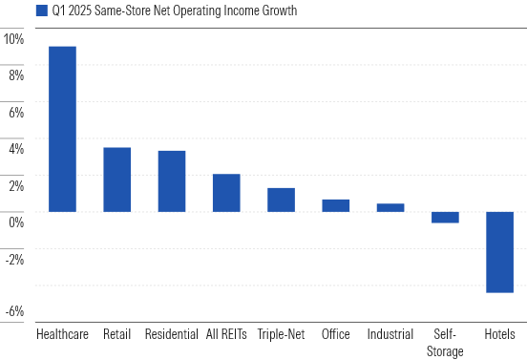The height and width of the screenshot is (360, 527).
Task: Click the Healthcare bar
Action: [x=62, y=129]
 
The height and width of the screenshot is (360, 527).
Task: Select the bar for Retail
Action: [x=116, y=180]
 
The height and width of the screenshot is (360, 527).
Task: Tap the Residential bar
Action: [x=172, y=181]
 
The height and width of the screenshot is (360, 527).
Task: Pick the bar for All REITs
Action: [x=226, y=193]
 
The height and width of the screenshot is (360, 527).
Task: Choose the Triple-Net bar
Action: [x=281, y=200]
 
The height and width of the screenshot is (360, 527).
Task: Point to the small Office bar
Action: [x=335, y=205]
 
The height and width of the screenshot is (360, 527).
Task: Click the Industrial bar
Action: [x=390, y=207]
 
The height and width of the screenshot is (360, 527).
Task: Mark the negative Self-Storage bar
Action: [x=445, y=217]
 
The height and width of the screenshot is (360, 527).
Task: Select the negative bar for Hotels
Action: [x=499, y=252]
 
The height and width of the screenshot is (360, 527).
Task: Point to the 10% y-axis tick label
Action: [x=13, y=39]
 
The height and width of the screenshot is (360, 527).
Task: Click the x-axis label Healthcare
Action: [x=62, y=335]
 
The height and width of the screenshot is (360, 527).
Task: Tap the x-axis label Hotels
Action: [x=499, y=335]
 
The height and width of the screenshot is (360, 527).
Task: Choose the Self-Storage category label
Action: [x=445, y=343]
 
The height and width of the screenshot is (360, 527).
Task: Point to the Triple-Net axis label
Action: [x=281, y=335]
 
